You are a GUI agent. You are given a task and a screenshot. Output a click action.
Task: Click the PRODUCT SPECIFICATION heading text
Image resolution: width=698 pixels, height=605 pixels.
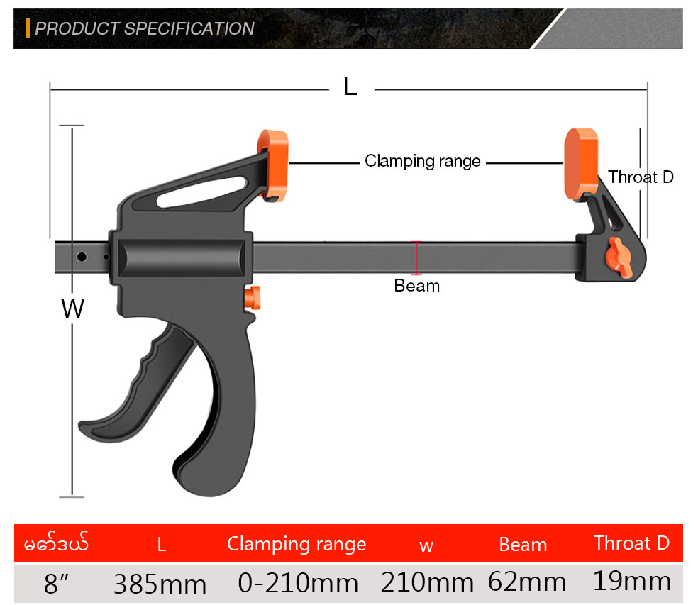click(x=145, y=28)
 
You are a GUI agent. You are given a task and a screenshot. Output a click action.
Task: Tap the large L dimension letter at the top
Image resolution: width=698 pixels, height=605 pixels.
click(x=350, y=87)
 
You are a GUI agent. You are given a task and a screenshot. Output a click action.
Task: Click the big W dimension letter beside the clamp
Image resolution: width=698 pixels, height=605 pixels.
click(x=72, y=308)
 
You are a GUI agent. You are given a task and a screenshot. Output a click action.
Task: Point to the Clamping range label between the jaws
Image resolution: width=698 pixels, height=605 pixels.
click(x=423, y=161)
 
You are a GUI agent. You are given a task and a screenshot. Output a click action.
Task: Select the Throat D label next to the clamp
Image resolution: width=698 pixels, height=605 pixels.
click(x=641, y=177)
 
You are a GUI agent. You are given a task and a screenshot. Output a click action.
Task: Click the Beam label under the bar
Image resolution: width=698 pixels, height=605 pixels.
click(x=416, y=285)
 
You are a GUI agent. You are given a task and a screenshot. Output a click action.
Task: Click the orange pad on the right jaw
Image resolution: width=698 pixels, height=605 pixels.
click(x=581, y=164)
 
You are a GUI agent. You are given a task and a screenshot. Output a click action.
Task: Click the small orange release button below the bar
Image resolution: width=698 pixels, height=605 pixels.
click(x=253, y=298)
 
